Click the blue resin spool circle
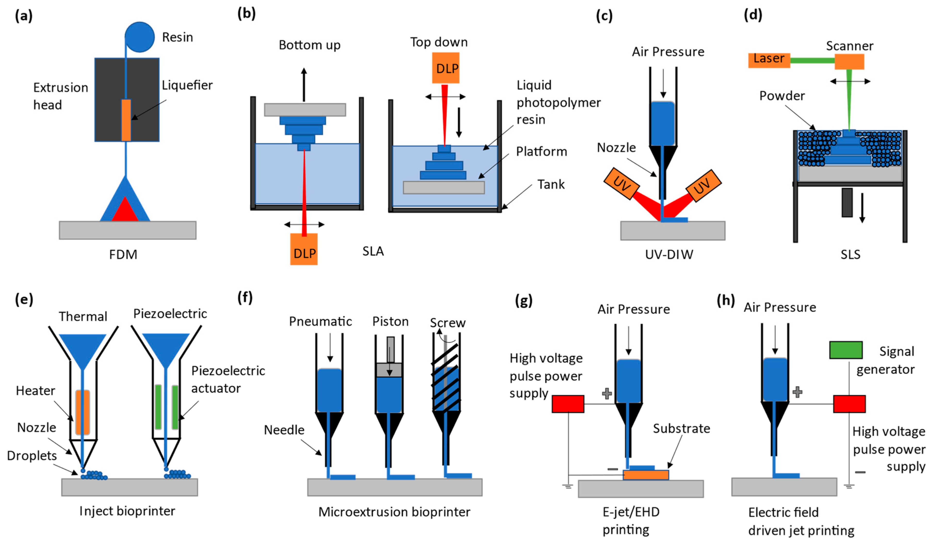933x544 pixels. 140,37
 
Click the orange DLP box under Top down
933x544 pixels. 446,68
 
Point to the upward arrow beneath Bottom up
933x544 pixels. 304,85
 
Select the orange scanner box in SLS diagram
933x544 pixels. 849,62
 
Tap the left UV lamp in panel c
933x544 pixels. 621,184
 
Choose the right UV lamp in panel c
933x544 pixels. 703,186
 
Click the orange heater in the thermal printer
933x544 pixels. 83,412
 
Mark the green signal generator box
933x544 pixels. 846,350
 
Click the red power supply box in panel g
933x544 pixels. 568,404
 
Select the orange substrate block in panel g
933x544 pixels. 646,475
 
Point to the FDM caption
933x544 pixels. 123,255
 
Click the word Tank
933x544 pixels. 551,184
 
